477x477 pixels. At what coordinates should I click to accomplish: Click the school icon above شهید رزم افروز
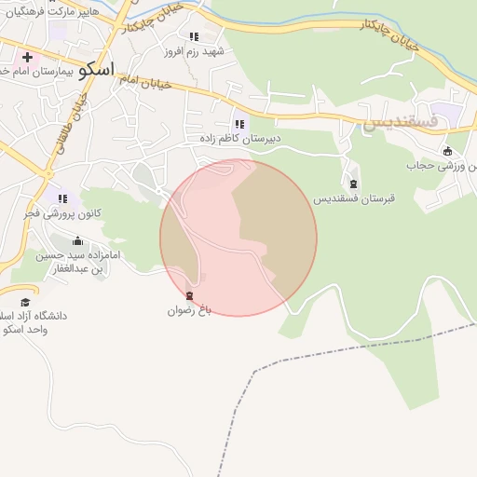194,36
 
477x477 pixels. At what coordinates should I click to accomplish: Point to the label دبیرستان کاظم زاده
239,138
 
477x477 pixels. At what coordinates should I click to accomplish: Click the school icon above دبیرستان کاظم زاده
240,123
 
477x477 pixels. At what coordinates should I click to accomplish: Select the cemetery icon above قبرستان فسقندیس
353,183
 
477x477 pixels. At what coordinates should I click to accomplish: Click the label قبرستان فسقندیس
353,198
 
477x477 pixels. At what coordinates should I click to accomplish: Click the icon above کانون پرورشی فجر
63,198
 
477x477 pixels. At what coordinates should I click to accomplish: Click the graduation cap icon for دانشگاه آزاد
25,302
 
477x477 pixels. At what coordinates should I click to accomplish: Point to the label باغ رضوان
191,311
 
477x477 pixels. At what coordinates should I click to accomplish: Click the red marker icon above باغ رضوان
191,296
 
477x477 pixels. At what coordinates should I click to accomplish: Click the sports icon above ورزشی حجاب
448,151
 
